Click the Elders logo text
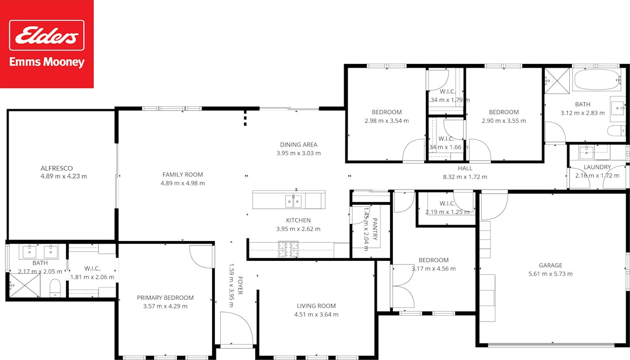click(x=47, y=36)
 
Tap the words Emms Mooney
click(x=47, y=62)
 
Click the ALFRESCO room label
click(x=56, y=168)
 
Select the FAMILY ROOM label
click(x=182, y=174)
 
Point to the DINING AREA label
click(x=298, y=145)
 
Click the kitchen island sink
click(x=293, y=201)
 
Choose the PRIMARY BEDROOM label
click(x=165, y=298)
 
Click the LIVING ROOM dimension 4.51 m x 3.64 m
click(x=316, y=314)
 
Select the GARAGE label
click(x=550, y=265)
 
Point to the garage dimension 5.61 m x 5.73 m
click(x=550, y=274)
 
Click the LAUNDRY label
click(x=597, y=167)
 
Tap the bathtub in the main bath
click(x=596, y=81)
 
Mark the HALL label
click(x=465, y=168)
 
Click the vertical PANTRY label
click(x=375, y=229)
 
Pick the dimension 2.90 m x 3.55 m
click(x=504, y=121)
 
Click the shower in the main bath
click(x=557, y=80)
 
